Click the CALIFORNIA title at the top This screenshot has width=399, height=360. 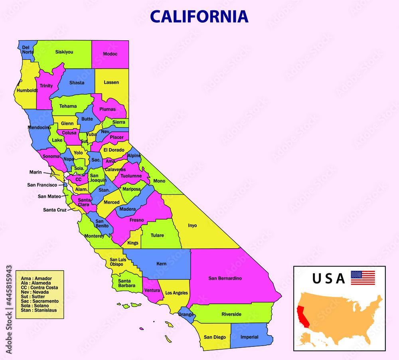click(199, 16)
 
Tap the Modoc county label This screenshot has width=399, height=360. click(110, 54)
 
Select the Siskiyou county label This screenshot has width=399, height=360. click(64, 52)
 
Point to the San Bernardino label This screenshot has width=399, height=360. click(225, 278)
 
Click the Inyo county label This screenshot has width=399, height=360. click(192, 225)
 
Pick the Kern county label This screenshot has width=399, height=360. click(161, 264)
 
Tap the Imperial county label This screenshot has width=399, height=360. click(249, 337)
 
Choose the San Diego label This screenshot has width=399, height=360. click(215, 337)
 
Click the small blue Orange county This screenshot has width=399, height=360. click(186, 314)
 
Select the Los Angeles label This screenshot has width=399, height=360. click(176, 293)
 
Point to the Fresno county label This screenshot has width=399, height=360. click(136, 220)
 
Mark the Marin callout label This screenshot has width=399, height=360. click(36, 172)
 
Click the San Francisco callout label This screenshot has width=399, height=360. click(42, 185)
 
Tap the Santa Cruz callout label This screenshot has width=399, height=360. click(55, 210)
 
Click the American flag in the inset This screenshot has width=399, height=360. click(363, 278)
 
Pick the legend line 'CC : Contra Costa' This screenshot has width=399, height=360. click(40, 287)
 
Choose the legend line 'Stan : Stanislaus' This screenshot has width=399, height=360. click(39, 310)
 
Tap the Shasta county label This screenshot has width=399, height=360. click(77, 83)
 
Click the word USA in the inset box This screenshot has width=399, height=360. click(328, 278)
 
